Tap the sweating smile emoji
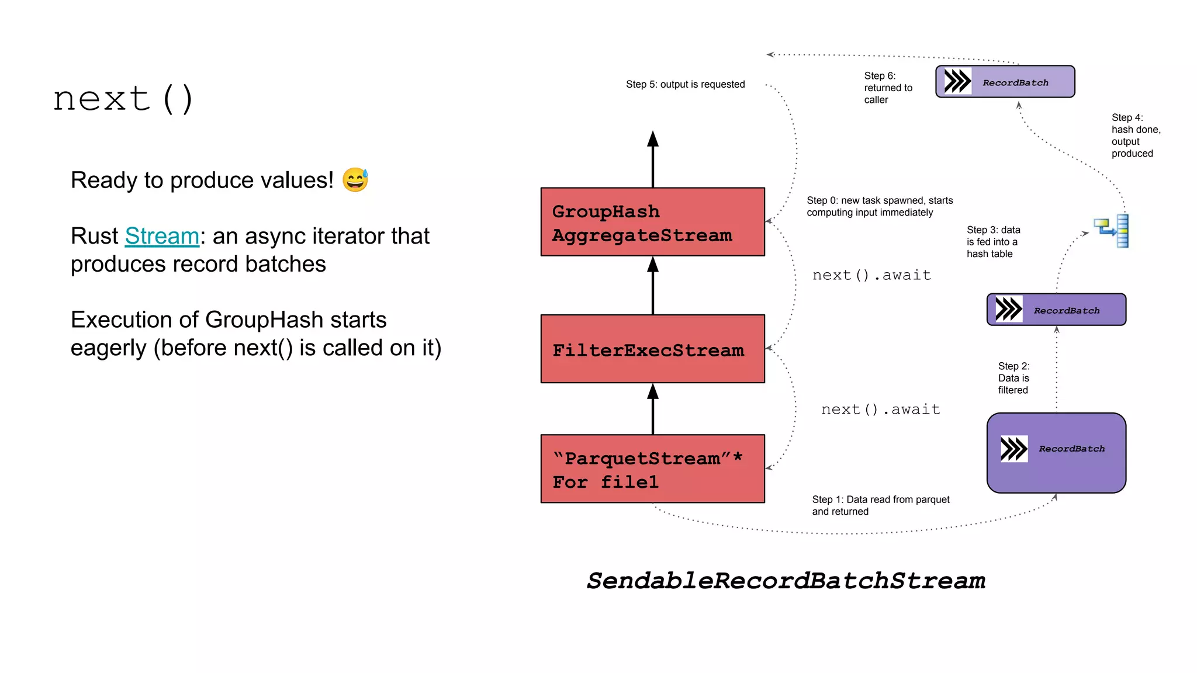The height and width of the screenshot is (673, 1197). point(355,180)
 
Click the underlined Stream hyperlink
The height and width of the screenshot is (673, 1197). point(162,236)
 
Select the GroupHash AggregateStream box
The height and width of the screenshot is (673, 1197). point(652,222)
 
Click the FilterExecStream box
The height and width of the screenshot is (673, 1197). point(652,349)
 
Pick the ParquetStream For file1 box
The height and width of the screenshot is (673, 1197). point(652,469)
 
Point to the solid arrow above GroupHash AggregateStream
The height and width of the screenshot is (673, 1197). point(653,158)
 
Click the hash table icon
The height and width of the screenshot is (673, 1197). point(1112,231)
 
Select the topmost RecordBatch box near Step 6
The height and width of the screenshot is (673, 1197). point(1005,82)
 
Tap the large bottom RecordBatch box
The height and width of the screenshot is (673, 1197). point(1056,453)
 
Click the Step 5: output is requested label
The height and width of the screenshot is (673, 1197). point(685,84)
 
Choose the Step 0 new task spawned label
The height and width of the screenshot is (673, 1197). point(879,206)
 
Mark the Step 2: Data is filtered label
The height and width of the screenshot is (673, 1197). point(1013,378)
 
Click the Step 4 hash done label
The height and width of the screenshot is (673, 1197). point(1135,136)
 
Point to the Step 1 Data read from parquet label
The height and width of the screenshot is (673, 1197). point(880,505)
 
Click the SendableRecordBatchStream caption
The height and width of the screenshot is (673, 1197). point(786,581)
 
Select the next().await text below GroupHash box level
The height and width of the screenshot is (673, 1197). point(871,275)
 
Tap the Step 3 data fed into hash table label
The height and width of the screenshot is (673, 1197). point(993,242)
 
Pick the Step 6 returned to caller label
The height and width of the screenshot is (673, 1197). point(887,88)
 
